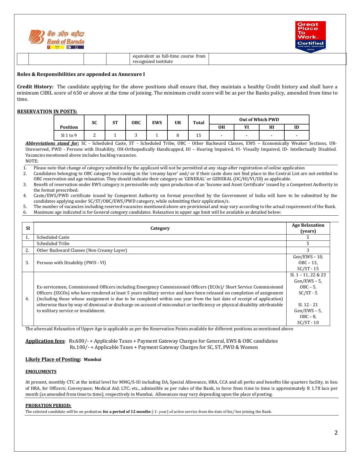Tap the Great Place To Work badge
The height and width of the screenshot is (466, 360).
[x=310, y=36]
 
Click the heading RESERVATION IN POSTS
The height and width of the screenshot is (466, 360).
[x=47, y=111]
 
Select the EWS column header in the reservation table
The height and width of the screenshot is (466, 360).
[x=157, y=122]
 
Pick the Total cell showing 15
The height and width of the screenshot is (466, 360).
[x=198, y=135]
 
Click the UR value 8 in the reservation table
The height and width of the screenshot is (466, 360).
[x=178, y=135]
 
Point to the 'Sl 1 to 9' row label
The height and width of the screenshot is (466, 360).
[x=69, y=135]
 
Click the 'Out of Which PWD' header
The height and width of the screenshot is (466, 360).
[x=259, y=119]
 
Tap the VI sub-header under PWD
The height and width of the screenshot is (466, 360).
[x=246, y=127]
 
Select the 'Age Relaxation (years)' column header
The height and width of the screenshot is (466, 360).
[x=308, y=228]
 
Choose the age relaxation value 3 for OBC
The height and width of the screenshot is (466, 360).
[x=308, y=250]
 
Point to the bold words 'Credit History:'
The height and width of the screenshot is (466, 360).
[x=35, y=87]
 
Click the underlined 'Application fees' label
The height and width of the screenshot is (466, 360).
[x=45, y=341]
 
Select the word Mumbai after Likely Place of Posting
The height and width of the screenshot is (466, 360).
[x=92, y=360]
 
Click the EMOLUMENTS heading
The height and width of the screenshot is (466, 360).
[x=41, y=372]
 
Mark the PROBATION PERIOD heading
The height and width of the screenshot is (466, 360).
[x=48, y=406]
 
